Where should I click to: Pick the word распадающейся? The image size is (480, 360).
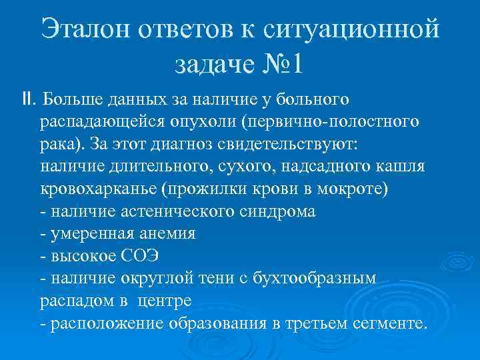pos(110,122)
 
